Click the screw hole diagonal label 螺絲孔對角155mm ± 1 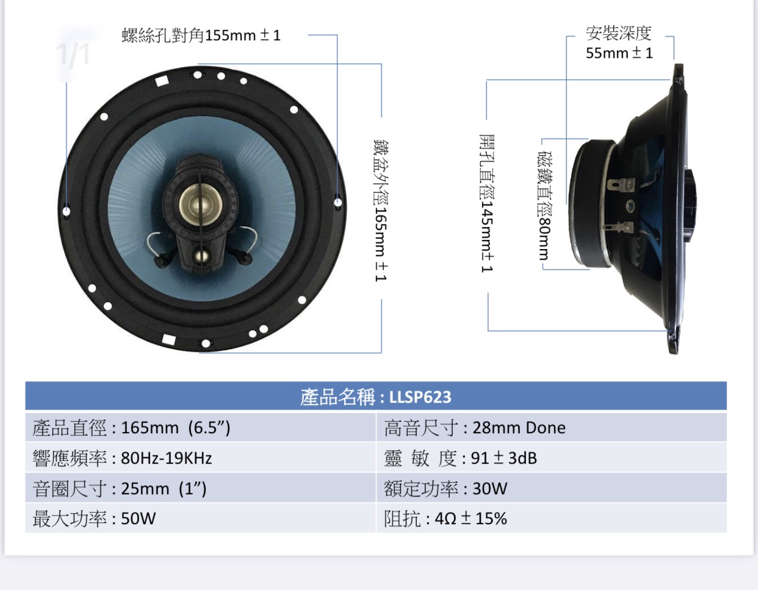(201, 35)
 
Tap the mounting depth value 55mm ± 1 (619, 53)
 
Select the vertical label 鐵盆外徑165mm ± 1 (381, 210)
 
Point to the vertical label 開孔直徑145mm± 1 (487, 203)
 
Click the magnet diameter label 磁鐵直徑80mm (544, 206)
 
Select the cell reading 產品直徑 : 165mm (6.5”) (131, 428)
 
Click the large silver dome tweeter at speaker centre (201, 204)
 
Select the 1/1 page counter (74, 54)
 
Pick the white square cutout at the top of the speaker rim (162, 81)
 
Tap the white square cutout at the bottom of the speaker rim (169, 340)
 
